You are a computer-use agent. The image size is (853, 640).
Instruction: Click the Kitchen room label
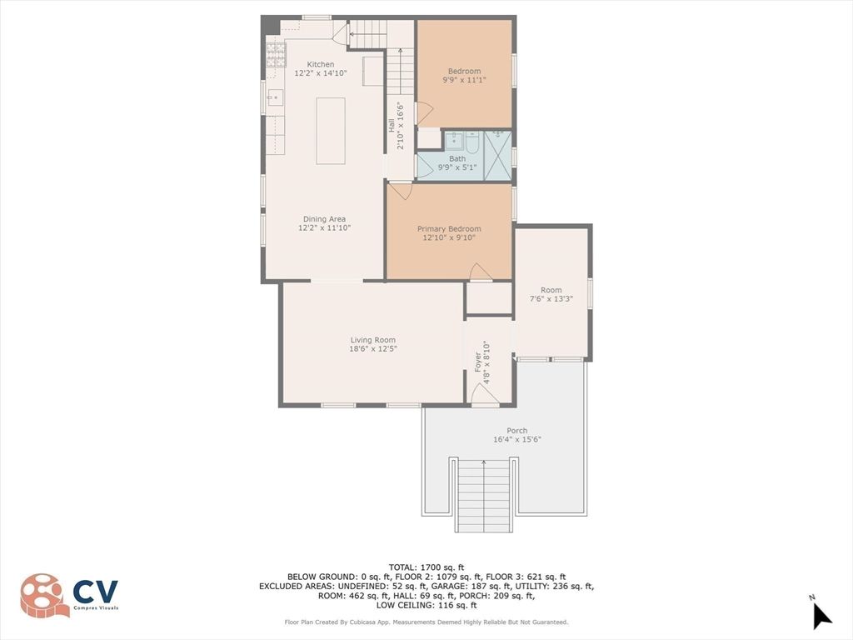click(321, 64)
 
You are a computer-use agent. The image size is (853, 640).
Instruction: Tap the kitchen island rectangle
click(331, 131)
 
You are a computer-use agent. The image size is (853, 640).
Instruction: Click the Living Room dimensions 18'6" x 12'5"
click(372, 349)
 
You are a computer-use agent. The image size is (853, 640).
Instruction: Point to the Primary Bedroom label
click(449, 229)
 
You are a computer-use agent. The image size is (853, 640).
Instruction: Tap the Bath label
click(457, 158)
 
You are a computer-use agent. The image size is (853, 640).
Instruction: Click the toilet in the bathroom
click(471, 143)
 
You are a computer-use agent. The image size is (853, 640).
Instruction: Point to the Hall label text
click(391, 126)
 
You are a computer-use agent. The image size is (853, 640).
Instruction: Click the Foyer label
click(478, 362)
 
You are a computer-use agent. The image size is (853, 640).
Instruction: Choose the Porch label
click(516, 431)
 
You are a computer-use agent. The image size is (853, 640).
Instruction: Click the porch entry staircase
click(483, 495)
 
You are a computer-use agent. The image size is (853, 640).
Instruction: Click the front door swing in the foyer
click(484, 397)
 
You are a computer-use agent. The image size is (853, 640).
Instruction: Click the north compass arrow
click(821, 615)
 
